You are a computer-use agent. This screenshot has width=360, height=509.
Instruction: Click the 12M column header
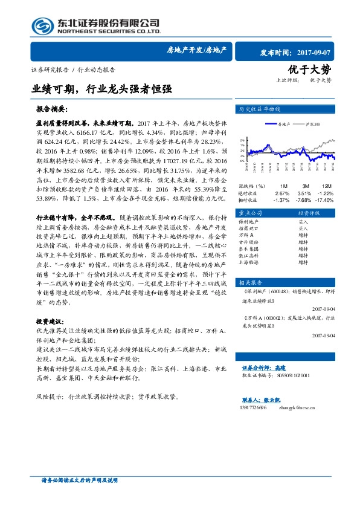click(327, 186)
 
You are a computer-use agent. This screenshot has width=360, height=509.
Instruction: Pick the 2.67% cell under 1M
click(282, 193)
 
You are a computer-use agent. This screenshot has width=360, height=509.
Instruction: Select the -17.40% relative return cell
click(326, 199)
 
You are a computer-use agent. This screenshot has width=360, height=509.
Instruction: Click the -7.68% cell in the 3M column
click(304, 199)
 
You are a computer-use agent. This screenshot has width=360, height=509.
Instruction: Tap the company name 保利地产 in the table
click(248, 222)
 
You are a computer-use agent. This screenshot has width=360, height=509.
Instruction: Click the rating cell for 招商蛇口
click(303, 229)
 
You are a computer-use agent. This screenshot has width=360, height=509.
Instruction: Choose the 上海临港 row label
click(248, 262)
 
